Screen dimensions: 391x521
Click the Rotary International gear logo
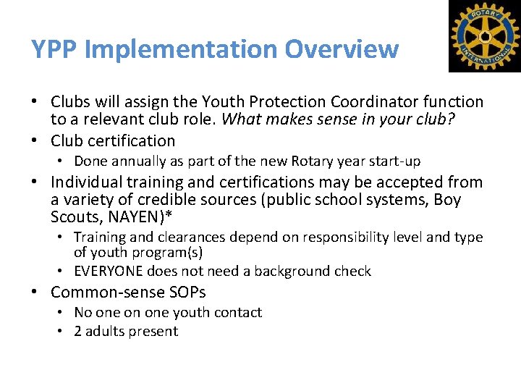pyautogui.click(x=484, y=36)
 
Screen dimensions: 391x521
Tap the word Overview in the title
pyautogui.click(x=342, y=49)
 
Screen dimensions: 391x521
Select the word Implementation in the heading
pyautogui.click(x=181, y=49)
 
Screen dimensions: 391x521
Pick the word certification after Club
pyautogui.click(x=132, y=140)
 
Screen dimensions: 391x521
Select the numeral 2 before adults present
pyautogui.click(x=78, y=332)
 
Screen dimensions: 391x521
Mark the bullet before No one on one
pyautogui.click(x=62, y=313)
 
